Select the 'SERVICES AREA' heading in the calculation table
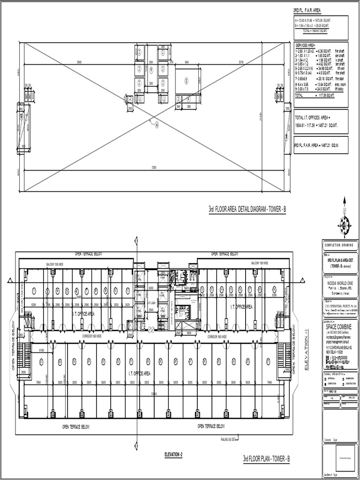306,45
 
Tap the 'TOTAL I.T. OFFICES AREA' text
313,118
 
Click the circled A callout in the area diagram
157,125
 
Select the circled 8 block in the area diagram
186,81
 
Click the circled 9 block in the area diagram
151,69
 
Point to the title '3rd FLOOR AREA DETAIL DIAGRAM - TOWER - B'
247,209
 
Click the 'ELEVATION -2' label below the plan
173,454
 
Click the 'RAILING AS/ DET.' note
229,439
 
